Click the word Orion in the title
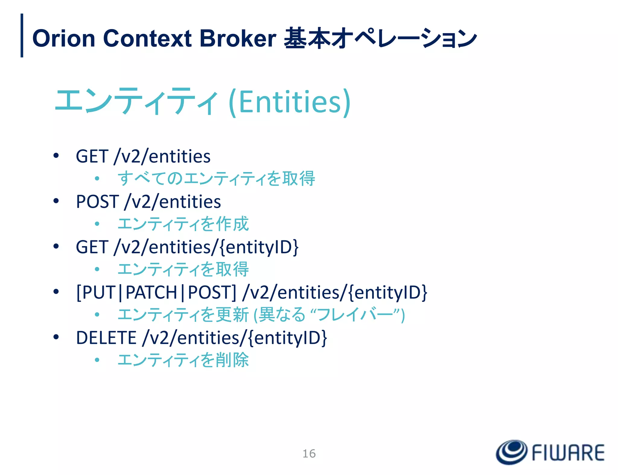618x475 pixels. (64, 38)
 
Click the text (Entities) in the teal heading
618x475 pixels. (290, 102)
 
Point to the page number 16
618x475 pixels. (309, 454)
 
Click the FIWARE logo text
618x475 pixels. (568, 453)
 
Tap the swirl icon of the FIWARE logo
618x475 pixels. (511, 452)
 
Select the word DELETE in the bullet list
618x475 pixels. (106, 338)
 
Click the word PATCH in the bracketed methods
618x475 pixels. (151, 292)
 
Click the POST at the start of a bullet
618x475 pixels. (97, 201)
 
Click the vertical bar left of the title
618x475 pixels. (22, 35)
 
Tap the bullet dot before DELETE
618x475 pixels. (56, 337)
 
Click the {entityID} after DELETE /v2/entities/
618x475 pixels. (288, 338)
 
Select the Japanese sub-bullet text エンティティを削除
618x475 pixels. (183, 360)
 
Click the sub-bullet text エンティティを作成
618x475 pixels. (183, 224)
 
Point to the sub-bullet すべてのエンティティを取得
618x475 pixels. (216, 178)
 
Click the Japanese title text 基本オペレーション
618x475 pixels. (380, 38)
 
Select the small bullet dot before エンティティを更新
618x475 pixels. (97, 315)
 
